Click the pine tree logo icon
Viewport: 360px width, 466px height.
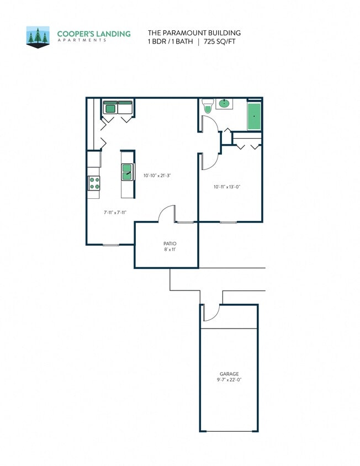point(38,37)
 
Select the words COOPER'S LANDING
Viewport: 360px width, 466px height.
point(94,34)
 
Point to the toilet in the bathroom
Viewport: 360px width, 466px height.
point(208,106)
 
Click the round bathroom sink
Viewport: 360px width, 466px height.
point(225,103)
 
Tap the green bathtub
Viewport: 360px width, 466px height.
point(254,116)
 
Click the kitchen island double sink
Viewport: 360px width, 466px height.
point(127,172)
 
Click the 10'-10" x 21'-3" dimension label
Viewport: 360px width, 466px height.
point(157,176)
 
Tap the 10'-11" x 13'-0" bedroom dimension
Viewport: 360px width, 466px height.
point(227,187)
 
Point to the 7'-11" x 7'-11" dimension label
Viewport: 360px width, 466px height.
point(115,211)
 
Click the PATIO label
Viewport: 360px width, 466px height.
point(170,243)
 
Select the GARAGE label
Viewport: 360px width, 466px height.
point(229,374)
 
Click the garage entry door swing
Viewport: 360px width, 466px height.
point(209,313)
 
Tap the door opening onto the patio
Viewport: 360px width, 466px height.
point(167,215)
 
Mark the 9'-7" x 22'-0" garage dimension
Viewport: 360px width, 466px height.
point(229,380)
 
